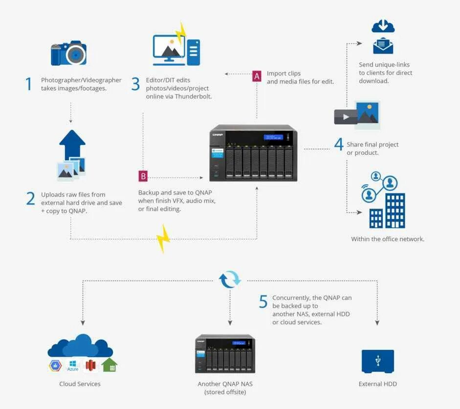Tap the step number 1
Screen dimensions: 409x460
coord(29,84)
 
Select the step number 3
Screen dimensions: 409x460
coord(135,84)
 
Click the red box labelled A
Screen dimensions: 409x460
coord(257,76)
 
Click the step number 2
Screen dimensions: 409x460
coord(30,198)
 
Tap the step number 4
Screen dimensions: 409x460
coord(338,144)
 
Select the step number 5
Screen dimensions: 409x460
coord(263,302)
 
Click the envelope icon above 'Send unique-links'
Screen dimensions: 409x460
coord(383,47)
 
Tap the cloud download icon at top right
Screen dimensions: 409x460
coord(383,26)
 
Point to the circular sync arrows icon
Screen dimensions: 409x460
coord(230,280)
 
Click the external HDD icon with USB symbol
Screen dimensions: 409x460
coord(377,361)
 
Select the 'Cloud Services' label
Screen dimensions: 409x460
coord(80,384)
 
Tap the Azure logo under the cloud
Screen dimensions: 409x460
coord(73,365)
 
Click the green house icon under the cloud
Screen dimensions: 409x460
coord(110,365)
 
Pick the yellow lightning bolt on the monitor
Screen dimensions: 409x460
coord(181,33)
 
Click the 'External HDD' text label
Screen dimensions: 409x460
coord(377,384)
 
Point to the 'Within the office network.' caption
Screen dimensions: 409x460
coord(388,239)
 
